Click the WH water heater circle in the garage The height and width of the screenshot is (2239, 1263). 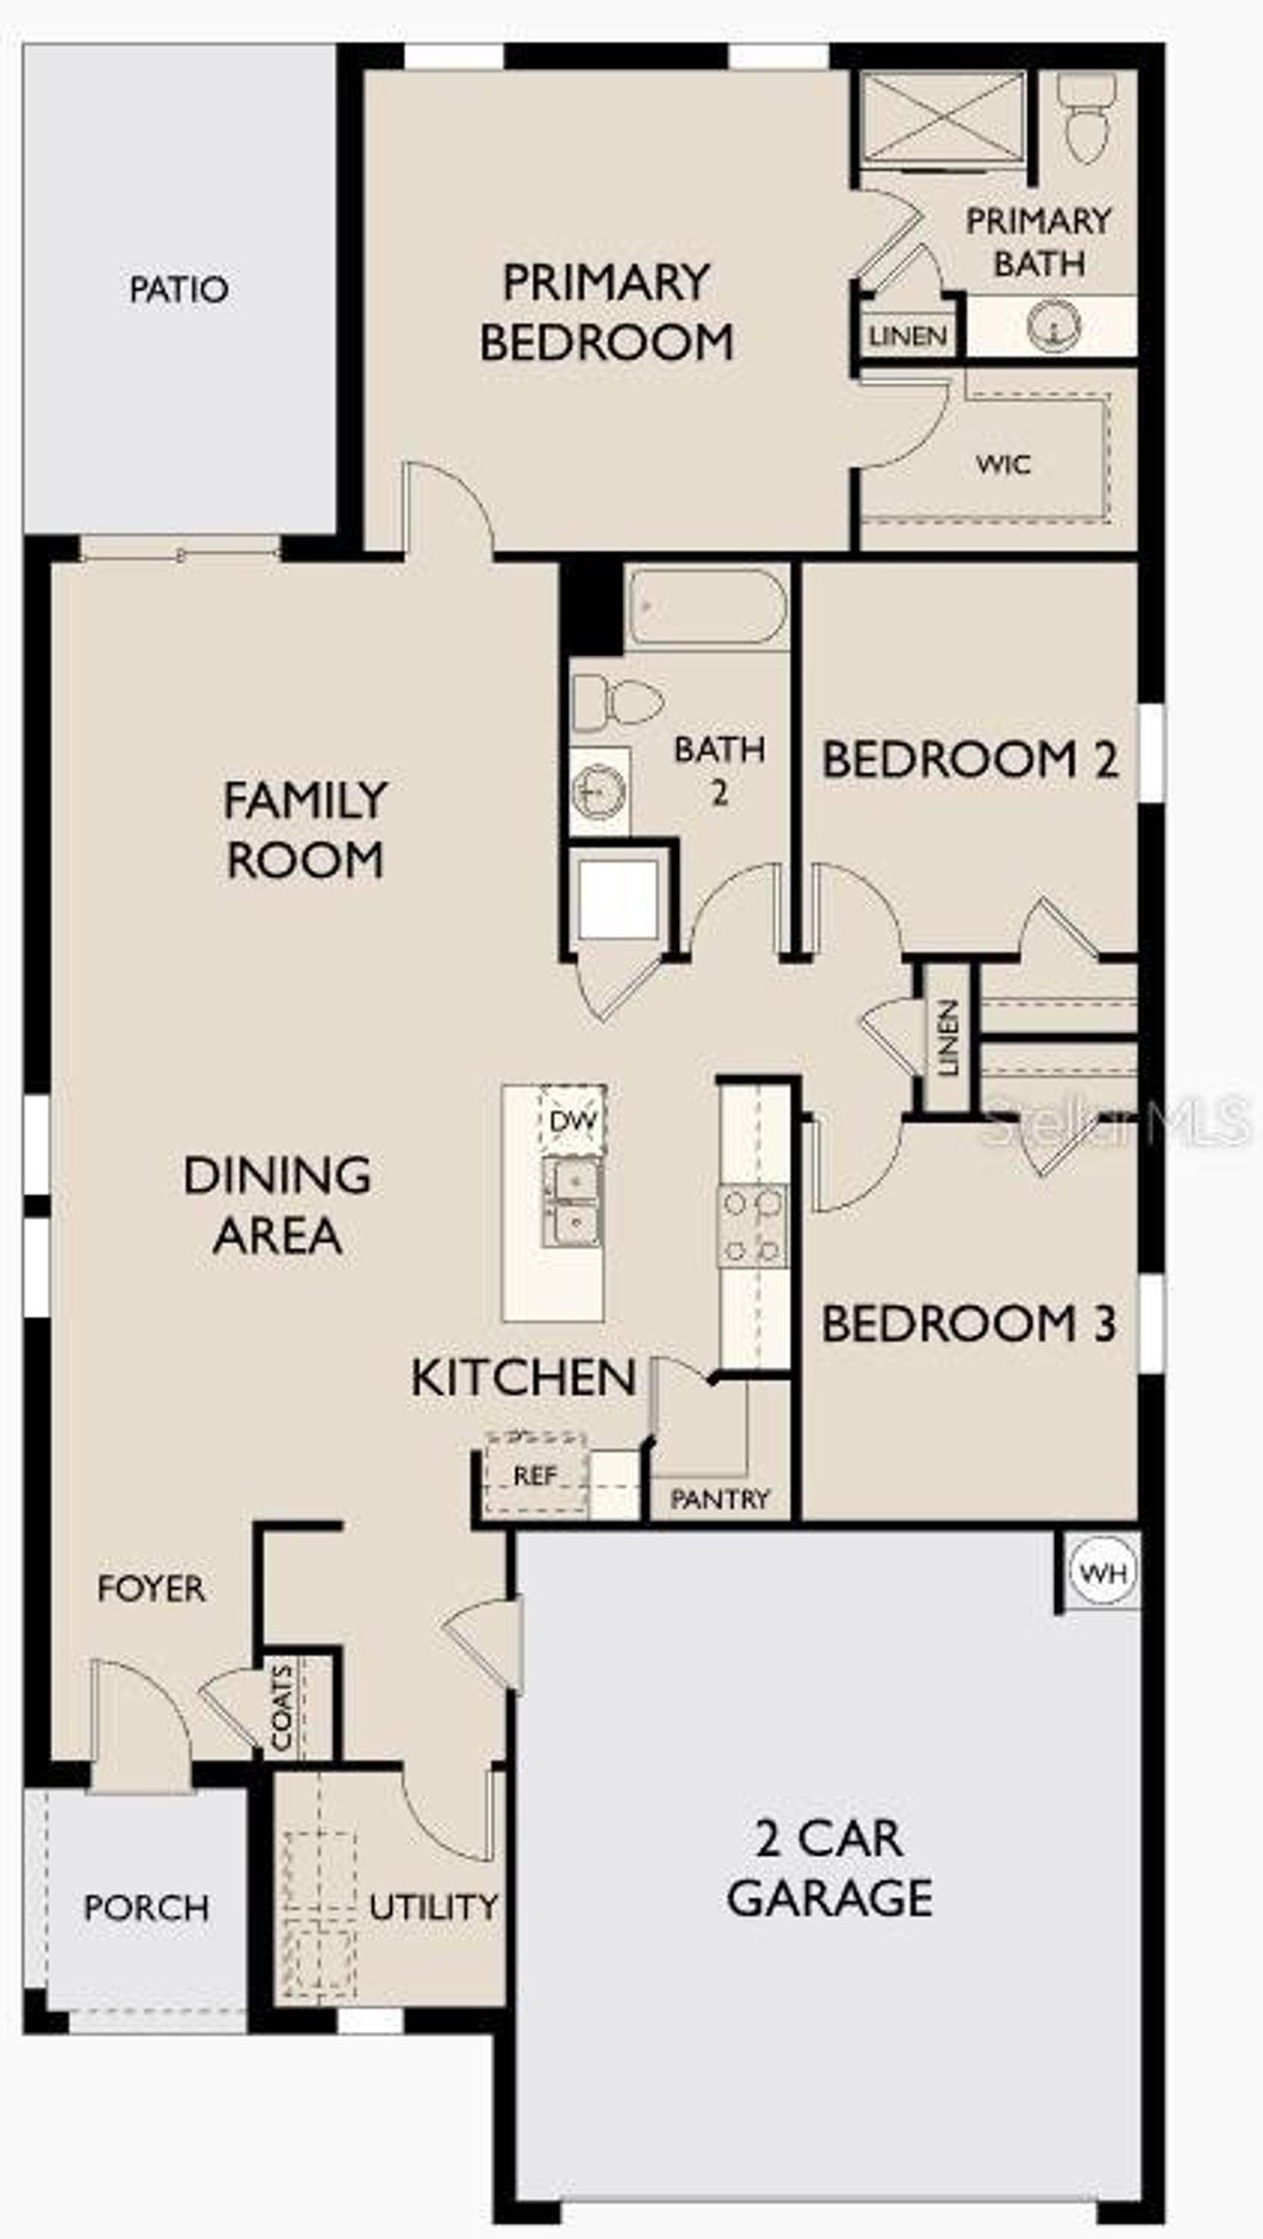click(1104, 1572)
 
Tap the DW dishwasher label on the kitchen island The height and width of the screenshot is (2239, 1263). click(573, 1121)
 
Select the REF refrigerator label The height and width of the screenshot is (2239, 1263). click(535, 1475)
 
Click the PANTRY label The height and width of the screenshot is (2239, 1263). click(719, 1499)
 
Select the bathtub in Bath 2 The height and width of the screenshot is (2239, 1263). click(706, 606)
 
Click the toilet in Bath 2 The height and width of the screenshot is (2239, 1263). click(618, 703)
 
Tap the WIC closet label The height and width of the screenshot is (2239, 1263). click(1003, 464)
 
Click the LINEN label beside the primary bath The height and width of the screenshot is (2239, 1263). click(908, 336)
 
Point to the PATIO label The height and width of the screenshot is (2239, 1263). click(180, 289)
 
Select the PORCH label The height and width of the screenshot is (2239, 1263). click(146, 1908)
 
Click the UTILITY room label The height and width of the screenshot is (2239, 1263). click(433, 1906)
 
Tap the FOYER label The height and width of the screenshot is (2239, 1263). click(151, 1589)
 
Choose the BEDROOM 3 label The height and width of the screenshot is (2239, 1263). click(968, 1323)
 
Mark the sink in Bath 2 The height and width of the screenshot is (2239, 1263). click(599, 790)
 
